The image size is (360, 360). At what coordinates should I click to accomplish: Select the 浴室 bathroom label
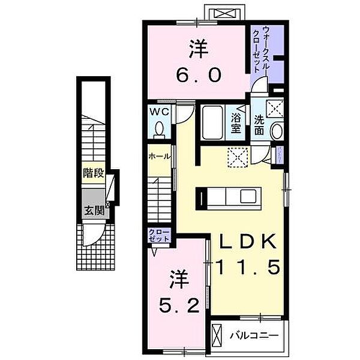(x=236, y=121)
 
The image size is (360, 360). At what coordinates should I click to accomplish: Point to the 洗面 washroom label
(x=259, y=124)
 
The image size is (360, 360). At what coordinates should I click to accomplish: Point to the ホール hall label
(x=159, y=156)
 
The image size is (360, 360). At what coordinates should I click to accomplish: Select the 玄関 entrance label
(x=94, y=210)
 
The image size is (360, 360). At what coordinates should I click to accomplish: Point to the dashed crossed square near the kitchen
(x=238, y=157)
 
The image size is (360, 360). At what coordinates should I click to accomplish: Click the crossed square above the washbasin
(x=275, y=108)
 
